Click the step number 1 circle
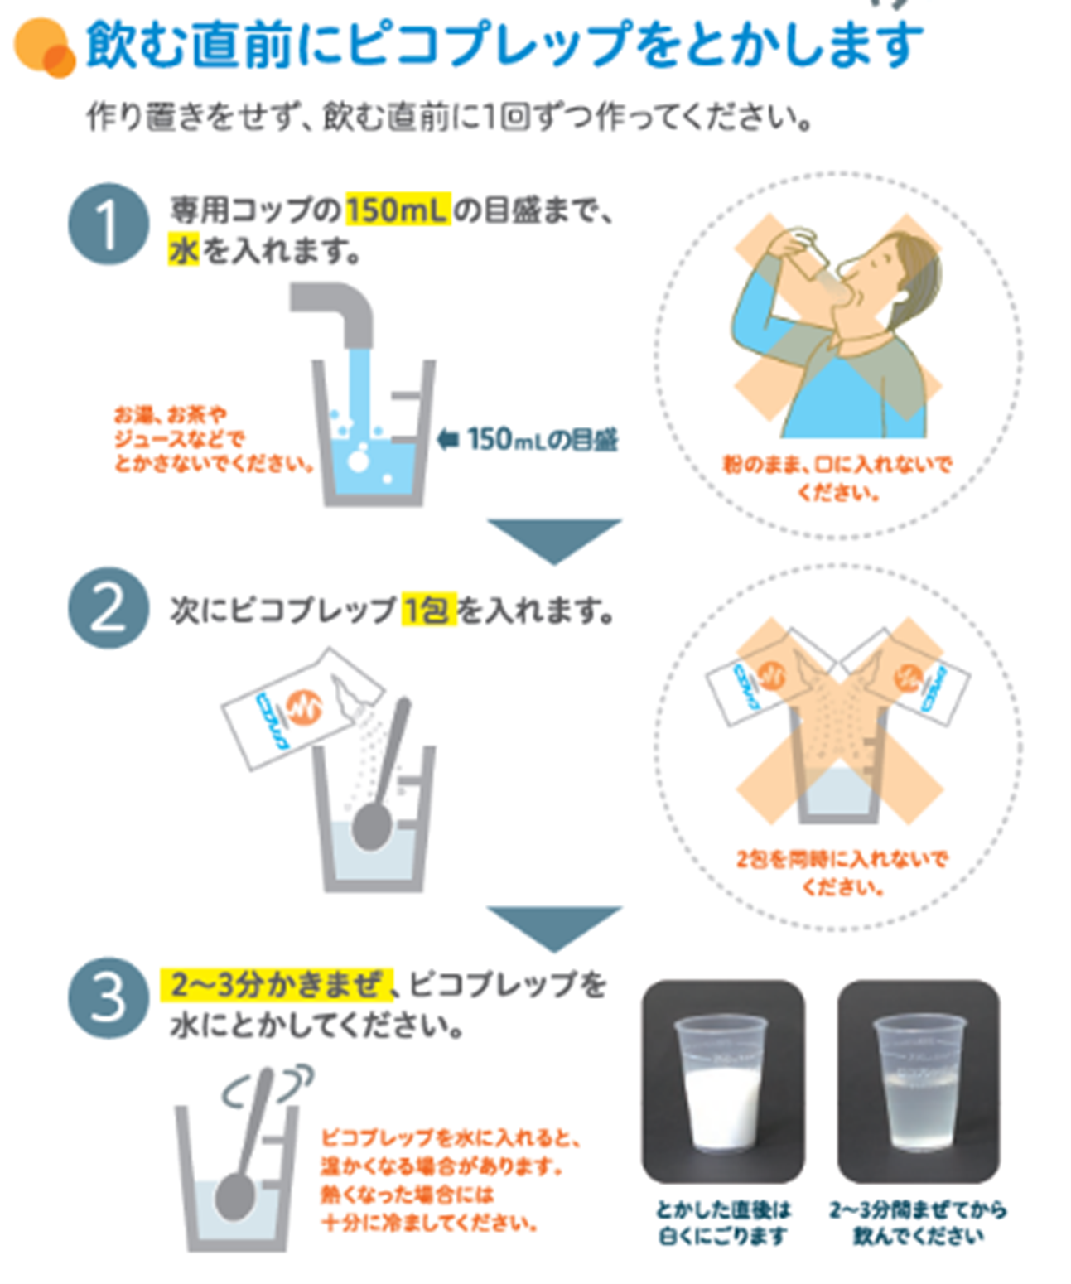[x=108, y=224]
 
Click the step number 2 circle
[x=108, y=608]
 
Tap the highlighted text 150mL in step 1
[x=397, y=210]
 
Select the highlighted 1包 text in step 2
[x=428, y=611]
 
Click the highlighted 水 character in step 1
[x=184, y=249]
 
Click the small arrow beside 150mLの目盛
[x=447, y=439]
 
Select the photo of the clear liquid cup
[x=918, y=1081]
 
